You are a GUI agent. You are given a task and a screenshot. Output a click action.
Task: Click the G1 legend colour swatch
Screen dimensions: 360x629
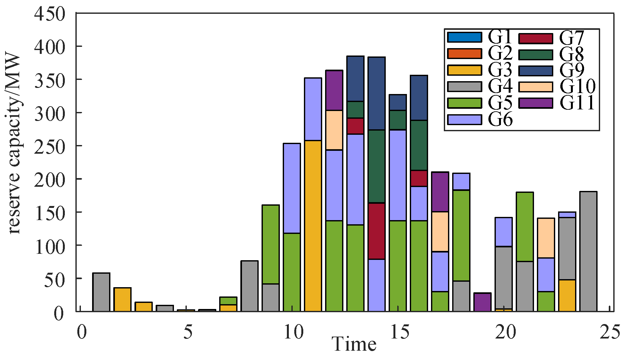click(x=464, y=37)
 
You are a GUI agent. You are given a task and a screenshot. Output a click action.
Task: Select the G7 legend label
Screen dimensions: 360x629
click(x=572, y=38)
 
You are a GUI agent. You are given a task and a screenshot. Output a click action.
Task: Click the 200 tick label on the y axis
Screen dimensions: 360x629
click(x=50, y=179)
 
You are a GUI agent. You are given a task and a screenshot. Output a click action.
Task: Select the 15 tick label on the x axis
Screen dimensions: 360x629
click(x=399, y=332)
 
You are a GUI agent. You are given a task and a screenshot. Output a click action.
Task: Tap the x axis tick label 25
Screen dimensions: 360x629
click(x=610, y=332)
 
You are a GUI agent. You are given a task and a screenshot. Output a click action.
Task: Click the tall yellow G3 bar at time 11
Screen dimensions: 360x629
click(x=313, y=225)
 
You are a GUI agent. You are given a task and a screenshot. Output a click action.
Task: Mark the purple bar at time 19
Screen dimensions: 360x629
click(x=482, y=302)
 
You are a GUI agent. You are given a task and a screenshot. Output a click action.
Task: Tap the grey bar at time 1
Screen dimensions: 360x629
click(x=101, y=292)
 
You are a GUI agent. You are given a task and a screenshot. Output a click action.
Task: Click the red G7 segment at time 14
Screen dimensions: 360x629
click(x=376, y=231)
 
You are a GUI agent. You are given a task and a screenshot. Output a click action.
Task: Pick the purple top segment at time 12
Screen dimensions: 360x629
click(x=334, y=90)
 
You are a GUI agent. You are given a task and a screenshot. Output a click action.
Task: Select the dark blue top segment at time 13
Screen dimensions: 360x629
click(x=355, y=79)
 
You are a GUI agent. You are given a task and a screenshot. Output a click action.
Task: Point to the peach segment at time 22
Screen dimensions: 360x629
click(x=546, y=238)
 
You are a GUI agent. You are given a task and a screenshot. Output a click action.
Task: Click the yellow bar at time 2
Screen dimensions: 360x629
click(x=122, y=299)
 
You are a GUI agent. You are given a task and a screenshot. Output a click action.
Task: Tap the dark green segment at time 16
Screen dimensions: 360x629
click(x=419, y=145)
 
